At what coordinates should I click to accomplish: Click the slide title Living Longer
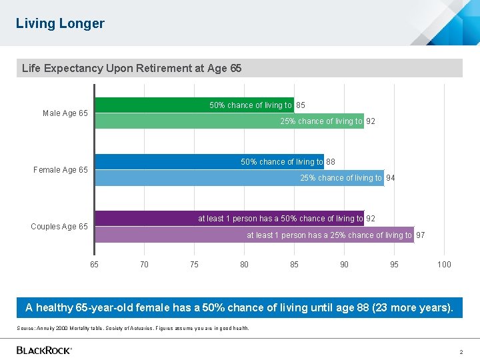(60, 23)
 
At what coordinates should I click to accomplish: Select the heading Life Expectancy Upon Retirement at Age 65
(131, 68)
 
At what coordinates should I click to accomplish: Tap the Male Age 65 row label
(65, 113)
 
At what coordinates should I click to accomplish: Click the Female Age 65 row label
(61, 170)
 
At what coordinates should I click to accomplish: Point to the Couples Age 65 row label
(59, 227)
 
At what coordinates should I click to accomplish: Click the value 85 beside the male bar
(301, 105)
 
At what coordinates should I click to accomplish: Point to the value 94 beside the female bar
(391, 178)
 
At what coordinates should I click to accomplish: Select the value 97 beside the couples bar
(421, 235)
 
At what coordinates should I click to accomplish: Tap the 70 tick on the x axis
(144, 265)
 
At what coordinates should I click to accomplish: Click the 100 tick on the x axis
(444, 265)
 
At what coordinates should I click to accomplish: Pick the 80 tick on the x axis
(244, 265)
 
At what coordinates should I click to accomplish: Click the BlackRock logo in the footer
(44, 350)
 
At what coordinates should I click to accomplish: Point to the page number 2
(461, 351)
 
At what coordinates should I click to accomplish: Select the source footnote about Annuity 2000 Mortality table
(133, 328)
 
